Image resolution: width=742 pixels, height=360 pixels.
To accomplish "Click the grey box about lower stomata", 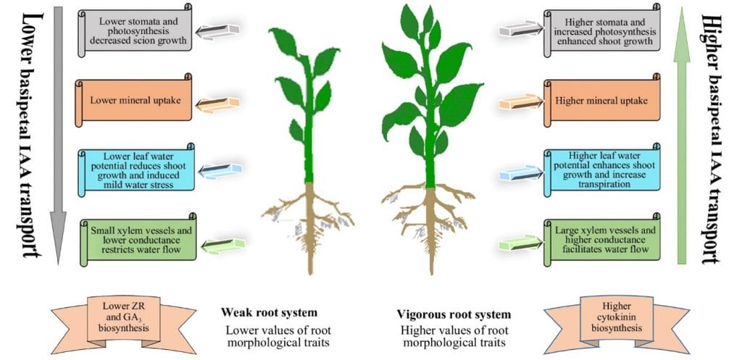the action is tap(135, 30).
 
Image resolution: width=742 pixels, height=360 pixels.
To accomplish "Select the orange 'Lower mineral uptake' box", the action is tap(133, 100).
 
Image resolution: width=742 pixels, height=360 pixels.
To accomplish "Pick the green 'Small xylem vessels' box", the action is tap(138, 239).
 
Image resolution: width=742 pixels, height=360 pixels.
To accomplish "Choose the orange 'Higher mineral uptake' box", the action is tap(601, 100).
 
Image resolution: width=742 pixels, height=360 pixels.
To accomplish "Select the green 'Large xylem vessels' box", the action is tap(601, 239).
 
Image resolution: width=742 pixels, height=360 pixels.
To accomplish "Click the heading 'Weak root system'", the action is tap(269, 313).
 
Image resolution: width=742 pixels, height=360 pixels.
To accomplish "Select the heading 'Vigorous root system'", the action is tap(454, 314).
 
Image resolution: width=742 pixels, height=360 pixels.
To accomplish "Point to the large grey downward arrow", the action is tap(58, 135).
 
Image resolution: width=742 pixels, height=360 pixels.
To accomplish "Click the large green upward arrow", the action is tap(681, 135).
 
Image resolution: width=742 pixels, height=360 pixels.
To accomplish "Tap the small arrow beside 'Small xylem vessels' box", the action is tap(223, 245).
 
